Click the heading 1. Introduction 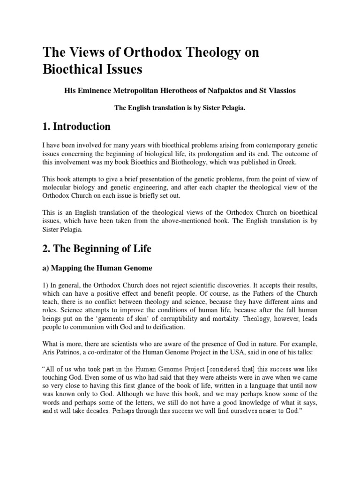77,127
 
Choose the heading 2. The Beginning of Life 97,249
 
